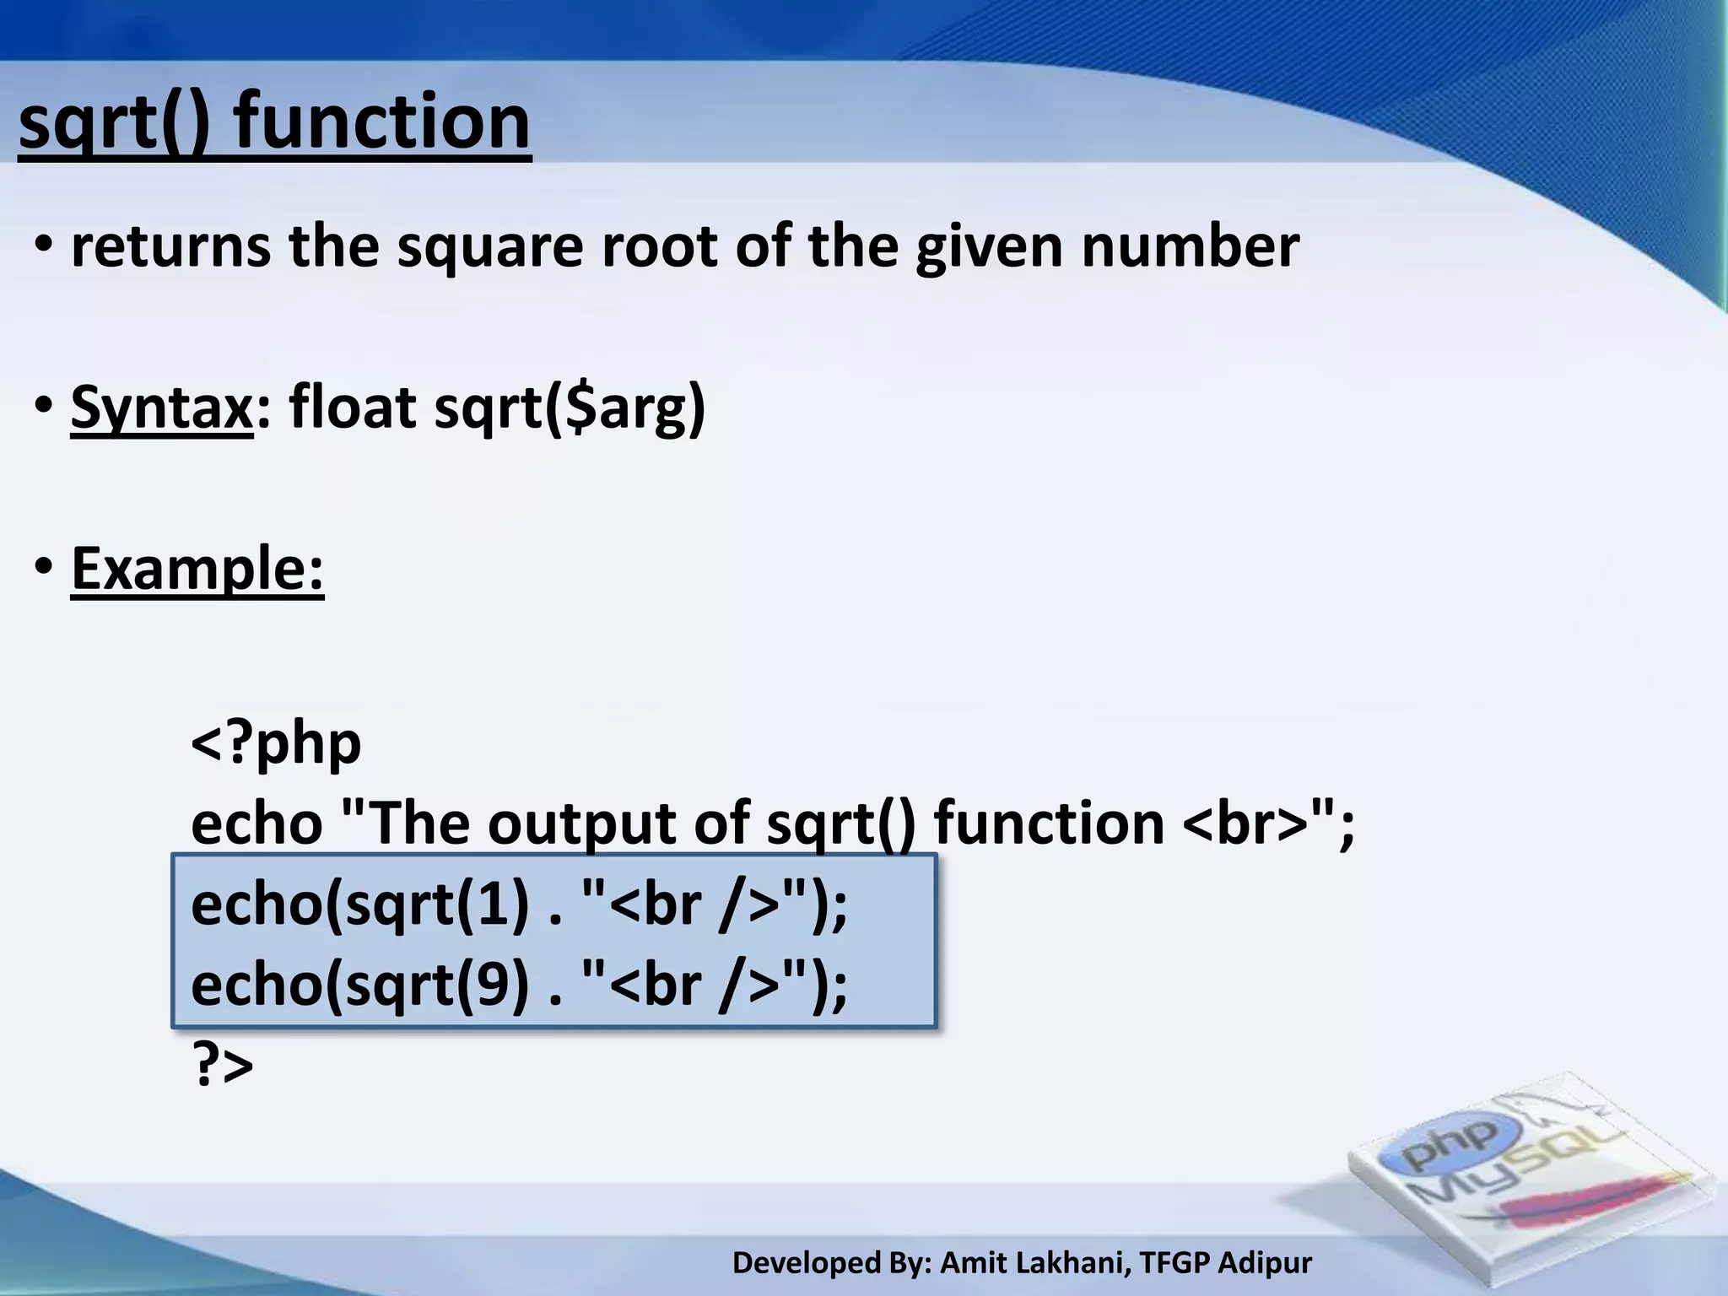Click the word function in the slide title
(x=381, y=122)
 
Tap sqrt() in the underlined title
(x=113, y=122)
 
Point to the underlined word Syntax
(x=161, y=408)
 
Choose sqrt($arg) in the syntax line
(x=570, y=408)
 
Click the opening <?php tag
(x=276, y=743)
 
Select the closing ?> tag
(x=223, y=1065)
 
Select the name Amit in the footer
(x=969, y=1263)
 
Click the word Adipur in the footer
(x=1265, y=1263)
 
